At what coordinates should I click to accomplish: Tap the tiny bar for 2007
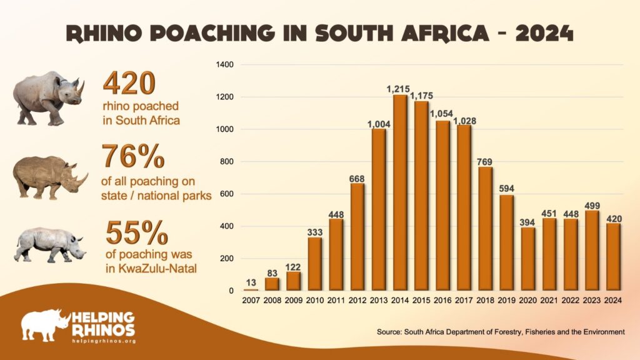click(251, 289)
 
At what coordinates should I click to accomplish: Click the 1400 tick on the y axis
click(224, 65)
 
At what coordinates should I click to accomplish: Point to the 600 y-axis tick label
click(226, 194)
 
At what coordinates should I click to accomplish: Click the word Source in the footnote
click(389, 332)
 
